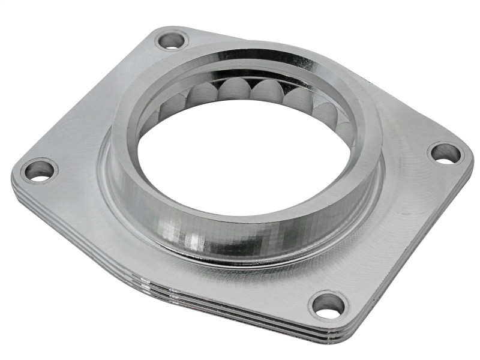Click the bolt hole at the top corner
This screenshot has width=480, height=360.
tap(172, 41)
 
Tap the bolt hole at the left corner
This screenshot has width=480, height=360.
tap(39, 171)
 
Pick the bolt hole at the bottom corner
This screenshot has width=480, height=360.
tap(328, 305)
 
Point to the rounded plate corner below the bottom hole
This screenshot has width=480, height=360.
tap(336, 333)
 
